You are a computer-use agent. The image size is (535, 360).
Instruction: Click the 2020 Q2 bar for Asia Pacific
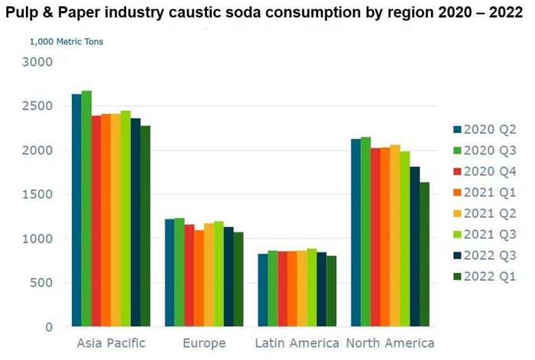coord(76,210)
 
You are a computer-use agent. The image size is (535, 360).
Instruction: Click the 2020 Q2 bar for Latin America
coord(262,290)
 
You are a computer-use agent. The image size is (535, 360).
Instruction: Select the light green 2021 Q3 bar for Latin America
coord(311,287)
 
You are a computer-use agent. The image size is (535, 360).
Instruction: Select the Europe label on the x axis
coord(203,343)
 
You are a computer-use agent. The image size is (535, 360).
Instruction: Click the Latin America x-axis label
coord(297,343)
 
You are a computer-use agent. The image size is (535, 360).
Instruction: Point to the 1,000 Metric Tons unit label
coord(66,41)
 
